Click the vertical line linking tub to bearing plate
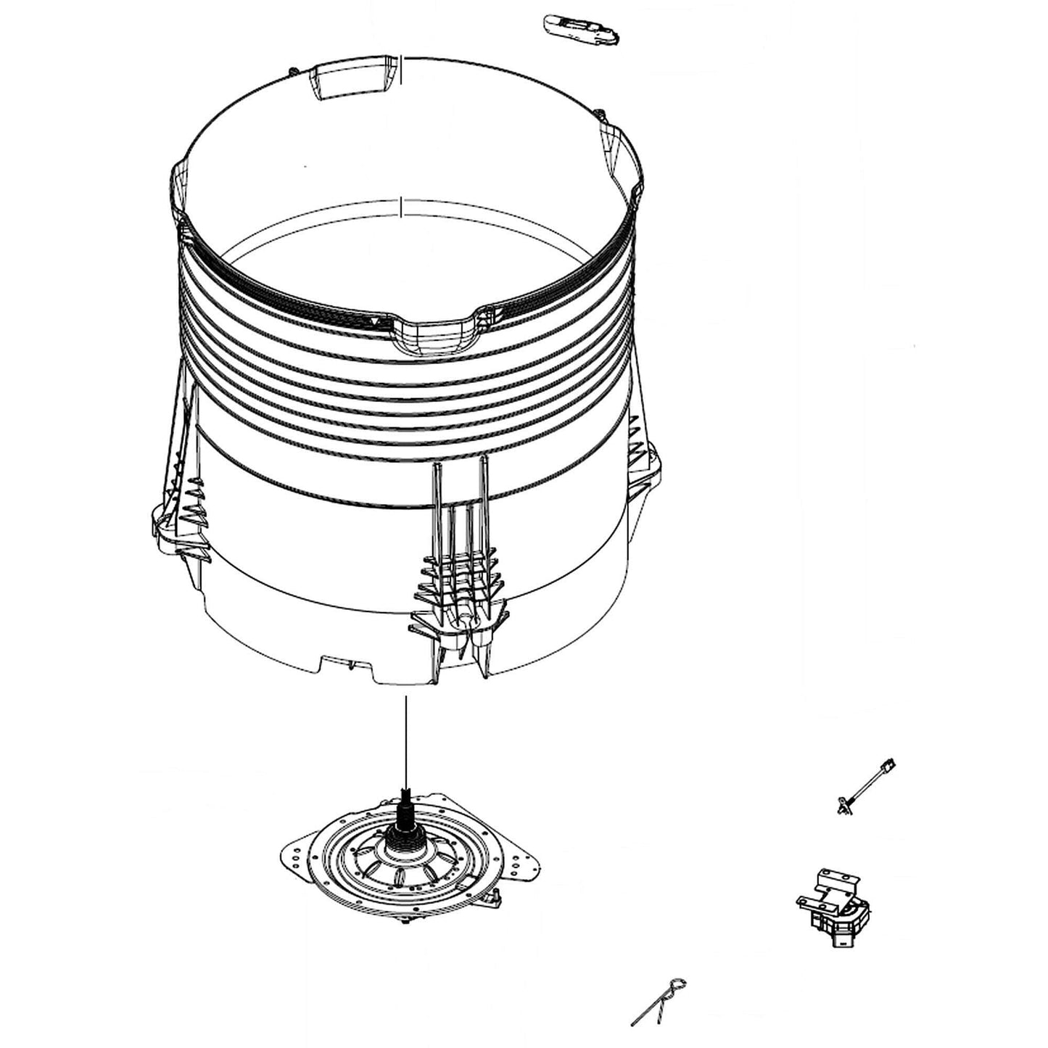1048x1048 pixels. click(406, 740)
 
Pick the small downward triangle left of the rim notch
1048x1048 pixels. click(372, 319)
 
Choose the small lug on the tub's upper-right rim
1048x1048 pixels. click(601, 113)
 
